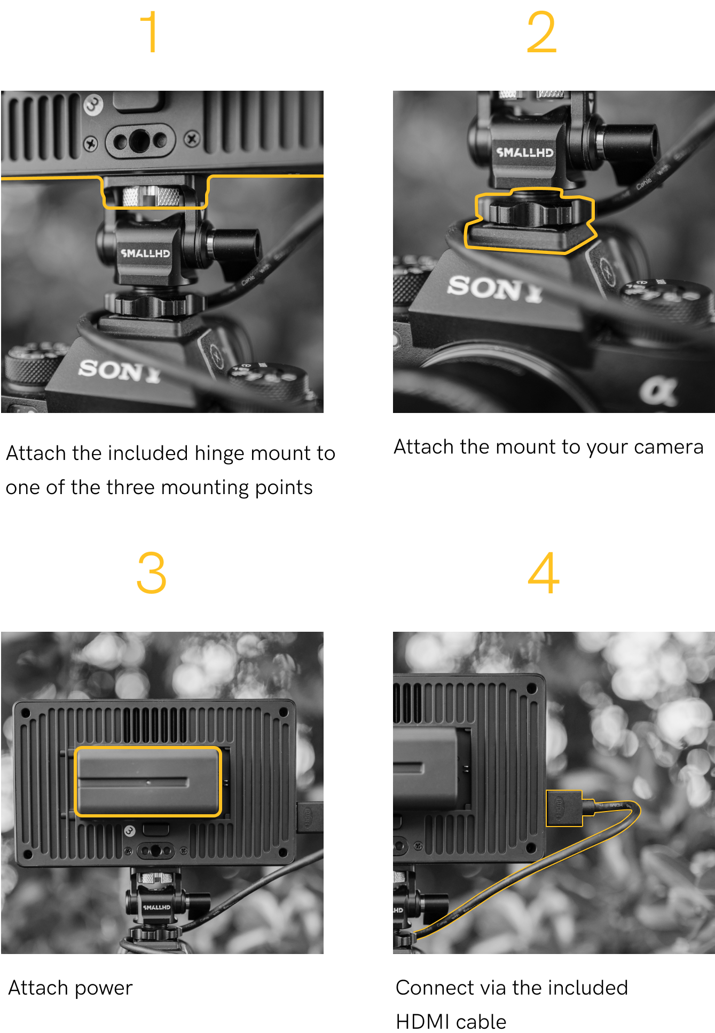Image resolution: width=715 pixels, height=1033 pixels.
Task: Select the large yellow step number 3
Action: click(x=152, y=573)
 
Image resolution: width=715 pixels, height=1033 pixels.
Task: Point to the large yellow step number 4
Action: click(x=544, y=573)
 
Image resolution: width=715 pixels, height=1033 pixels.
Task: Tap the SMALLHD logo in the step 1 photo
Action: click(x=145, y=253)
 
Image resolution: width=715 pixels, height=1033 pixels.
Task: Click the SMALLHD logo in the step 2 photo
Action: click(x=525, y=152)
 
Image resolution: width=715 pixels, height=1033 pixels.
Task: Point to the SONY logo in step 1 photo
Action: click(x=120, y=370)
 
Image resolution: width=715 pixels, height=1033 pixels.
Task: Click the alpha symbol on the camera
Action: click(x=659, y=391)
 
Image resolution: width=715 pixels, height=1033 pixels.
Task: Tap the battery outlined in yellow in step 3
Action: click(x=148, y=782)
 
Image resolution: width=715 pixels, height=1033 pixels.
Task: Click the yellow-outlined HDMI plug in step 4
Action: click(x=564, y=808)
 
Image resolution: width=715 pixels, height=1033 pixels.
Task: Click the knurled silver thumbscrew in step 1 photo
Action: click(x=151, y=196)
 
